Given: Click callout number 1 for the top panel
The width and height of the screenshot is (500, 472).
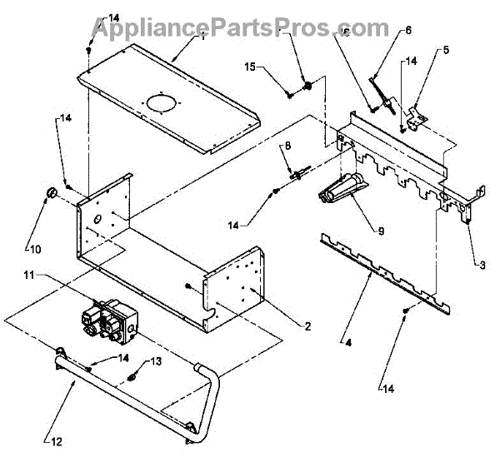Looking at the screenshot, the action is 202,36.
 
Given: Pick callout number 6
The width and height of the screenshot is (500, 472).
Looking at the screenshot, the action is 408,31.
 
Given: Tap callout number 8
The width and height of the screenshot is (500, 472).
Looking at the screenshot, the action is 287,146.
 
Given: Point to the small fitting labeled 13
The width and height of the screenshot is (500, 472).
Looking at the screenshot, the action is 133,379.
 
